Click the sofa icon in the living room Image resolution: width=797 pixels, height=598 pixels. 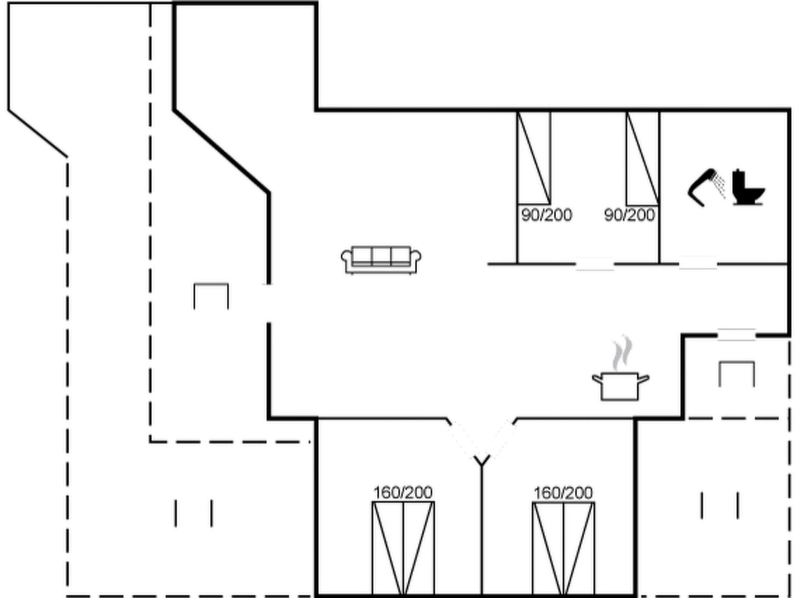pos(381,260)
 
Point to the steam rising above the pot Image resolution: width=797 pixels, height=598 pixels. pos(622,352)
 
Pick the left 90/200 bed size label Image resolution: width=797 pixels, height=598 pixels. pos(546,215)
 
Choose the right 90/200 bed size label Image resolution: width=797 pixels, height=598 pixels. pos(629,215)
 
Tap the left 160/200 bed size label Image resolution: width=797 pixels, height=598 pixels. pos(403,493)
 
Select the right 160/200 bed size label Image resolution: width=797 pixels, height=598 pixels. pos(563,493)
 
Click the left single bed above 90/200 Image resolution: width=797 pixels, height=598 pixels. pos(534,158)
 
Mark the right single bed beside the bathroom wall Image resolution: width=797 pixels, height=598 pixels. pos(643,158)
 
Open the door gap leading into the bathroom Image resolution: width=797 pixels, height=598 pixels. pos(698,264)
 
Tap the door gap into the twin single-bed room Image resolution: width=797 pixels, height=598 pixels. pos(595,264)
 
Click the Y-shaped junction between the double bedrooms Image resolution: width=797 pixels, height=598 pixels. pos(482,462)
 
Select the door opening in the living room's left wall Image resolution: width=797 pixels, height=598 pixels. pos(269,303)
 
